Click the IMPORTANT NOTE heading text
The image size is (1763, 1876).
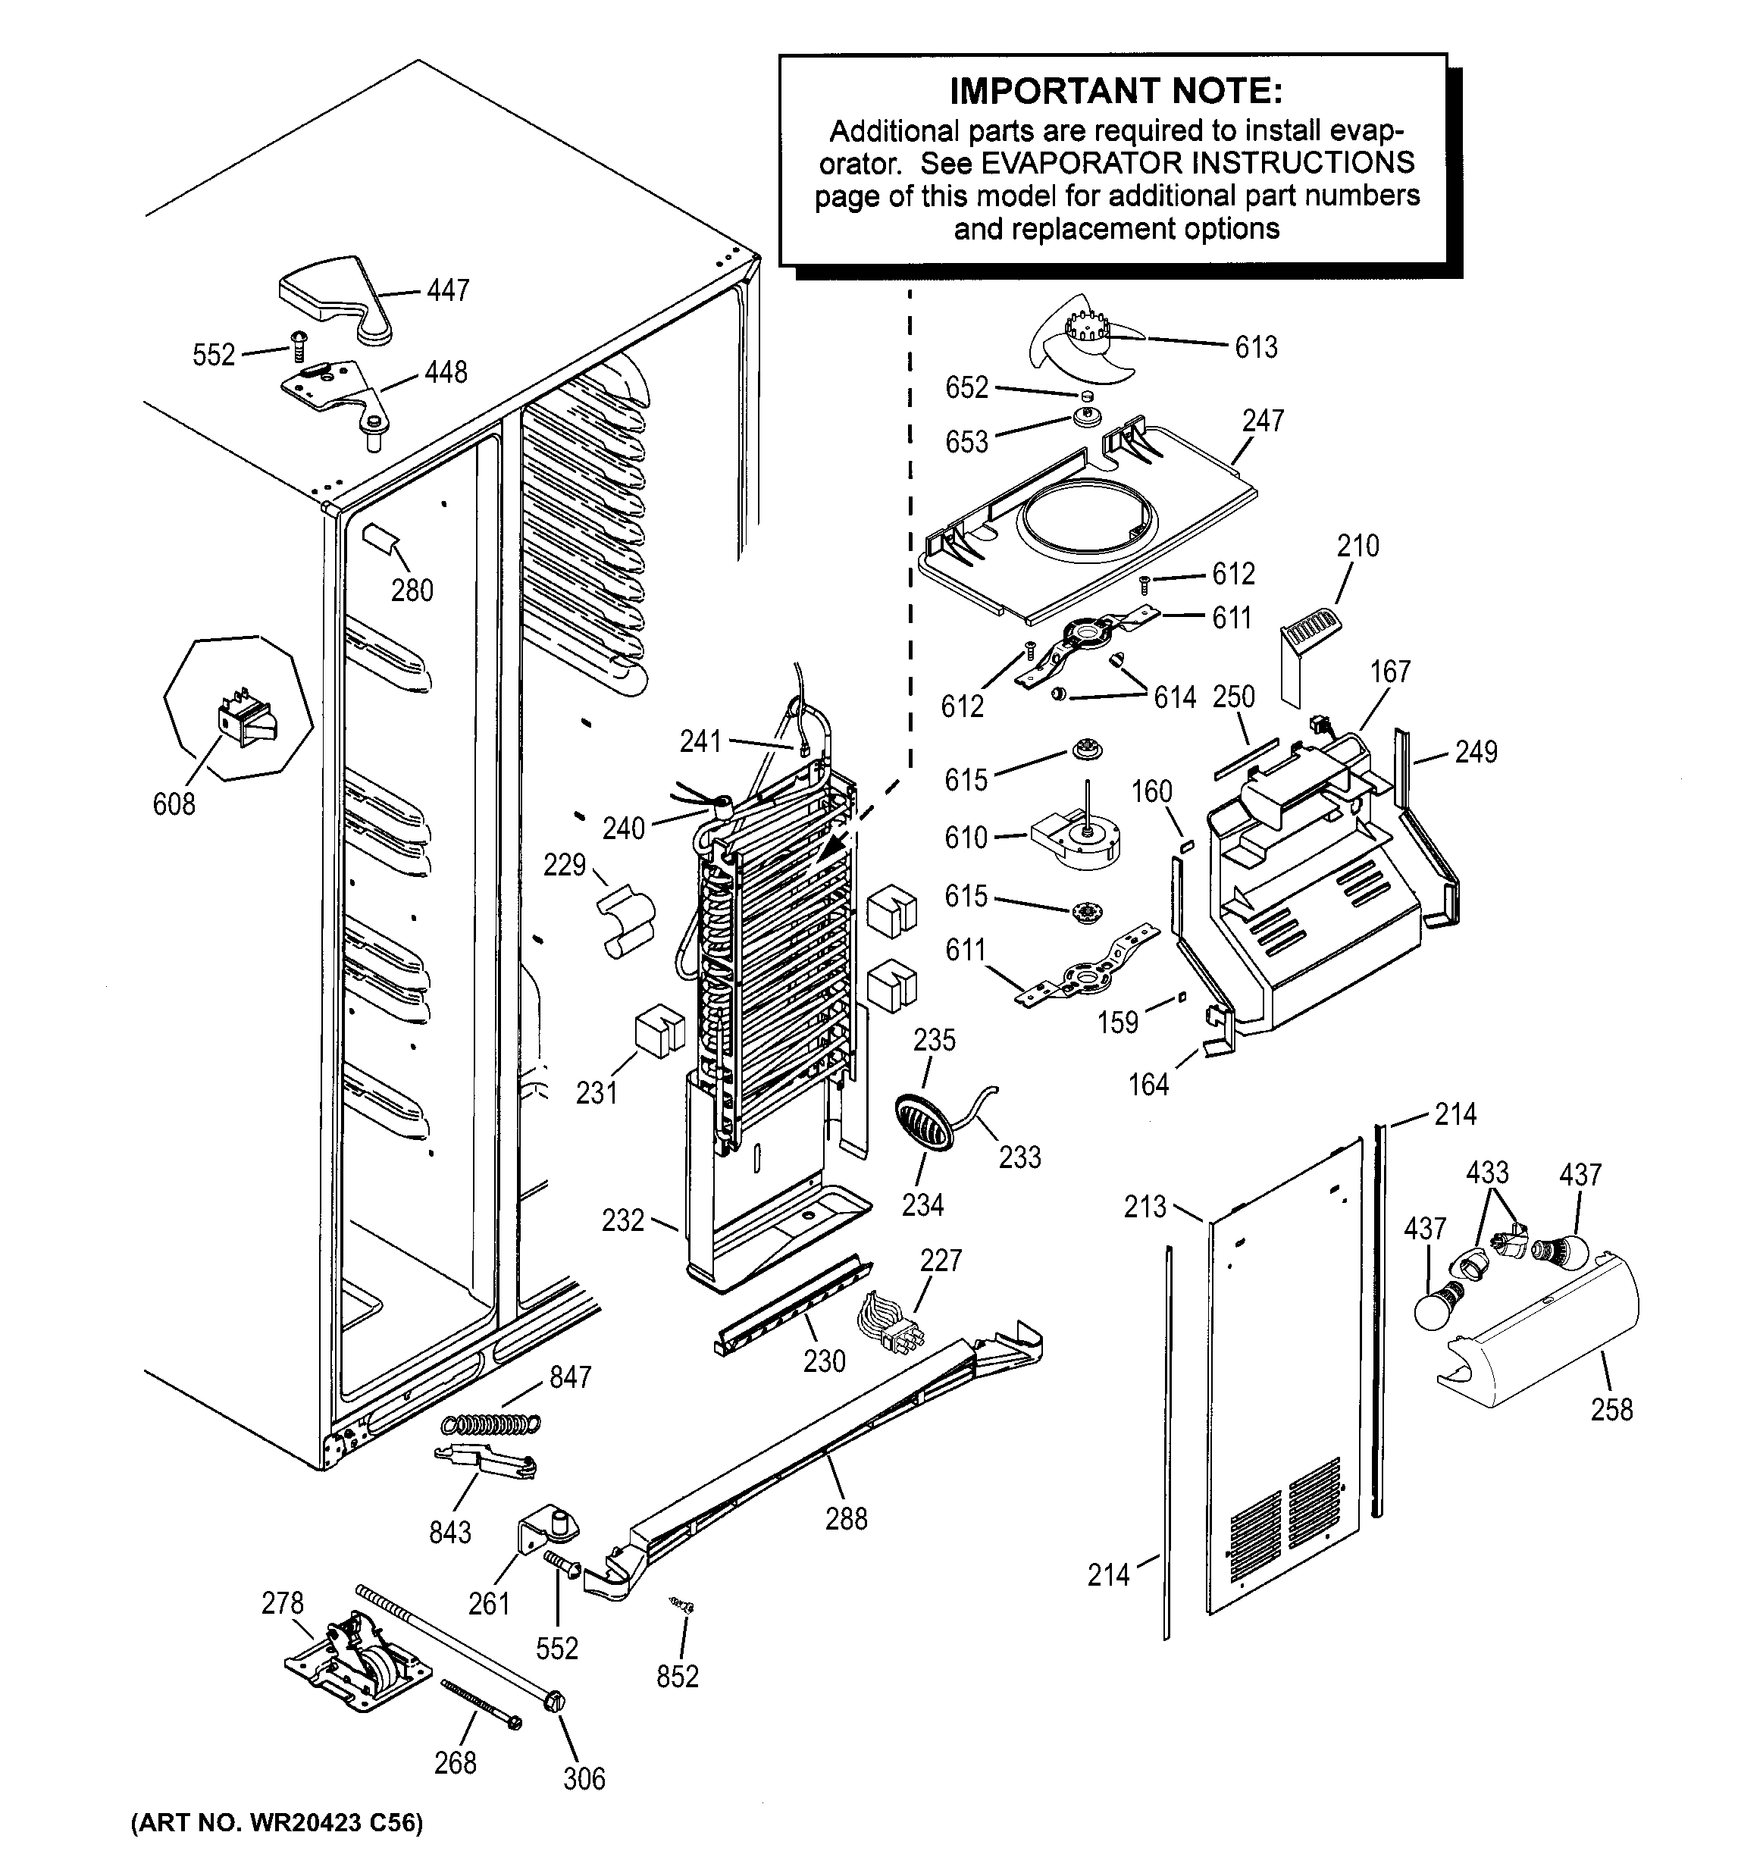tap(1116, 92)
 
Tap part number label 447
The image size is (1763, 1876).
tap(447, 290)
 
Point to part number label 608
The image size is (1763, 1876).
tap(174, 804)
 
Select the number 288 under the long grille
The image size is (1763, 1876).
tap(846, 1518)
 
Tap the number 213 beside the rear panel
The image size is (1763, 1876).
tap(1145, 1206)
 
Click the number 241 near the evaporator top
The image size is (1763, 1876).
tap(700, 742)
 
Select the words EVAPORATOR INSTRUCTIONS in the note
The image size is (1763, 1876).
tap(1197, 162)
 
